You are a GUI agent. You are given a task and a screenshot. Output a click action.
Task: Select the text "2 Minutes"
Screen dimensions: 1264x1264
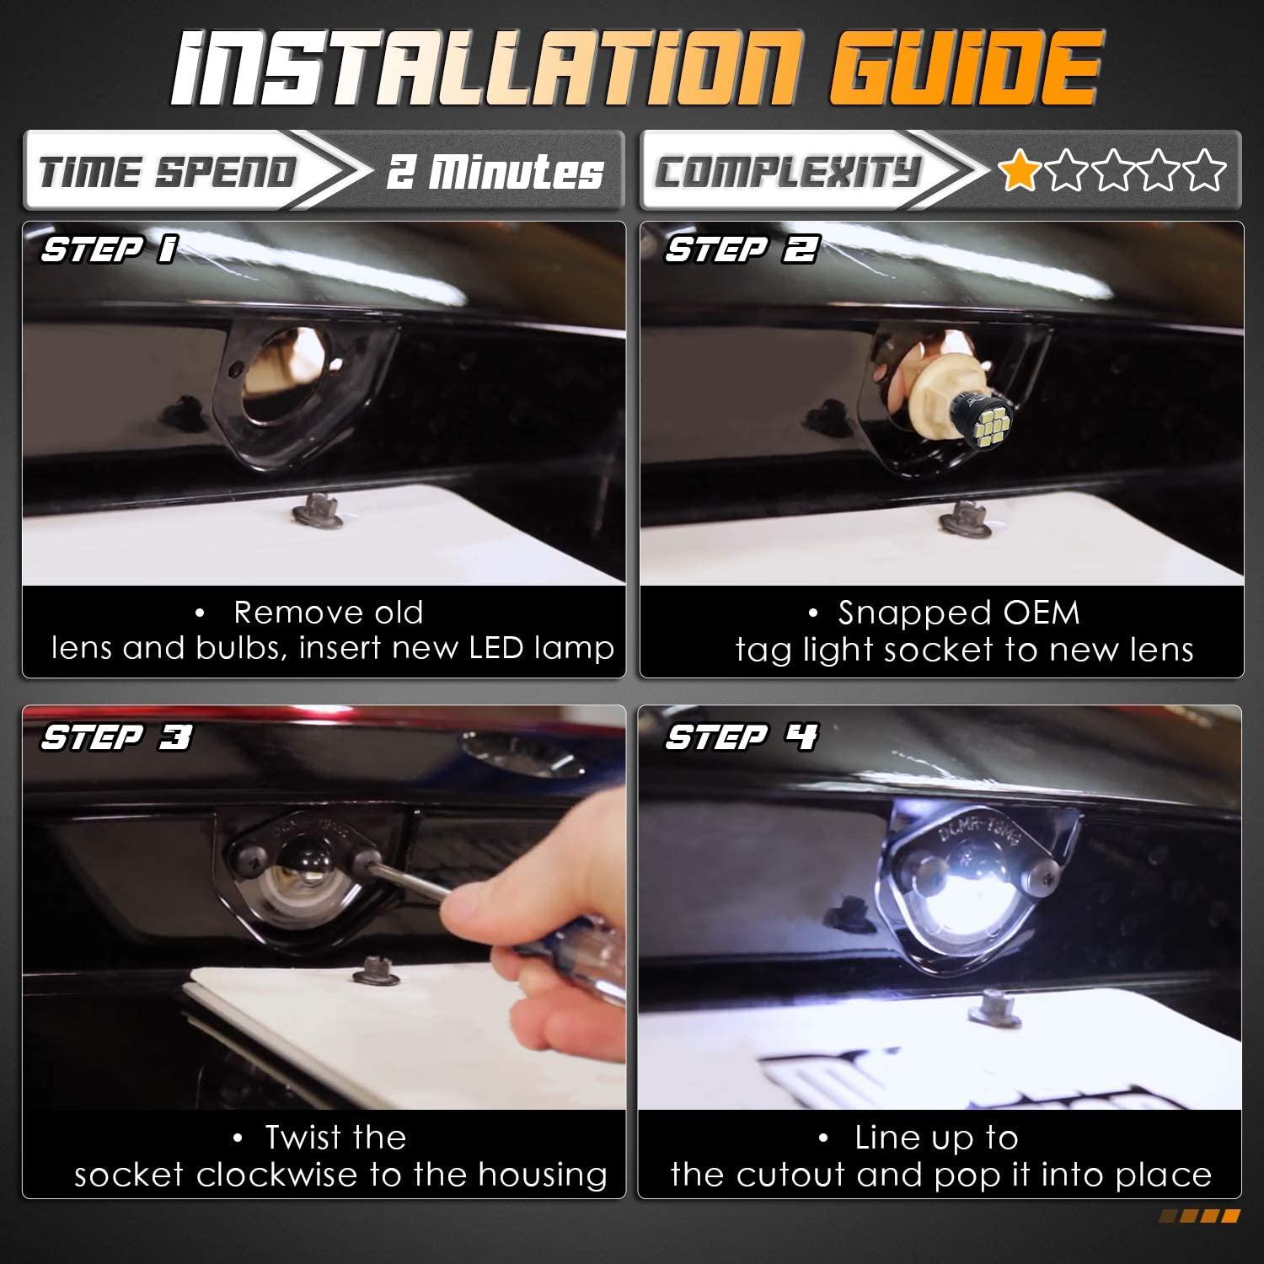495,171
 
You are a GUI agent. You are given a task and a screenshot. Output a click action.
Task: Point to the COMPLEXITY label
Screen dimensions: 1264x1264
787,172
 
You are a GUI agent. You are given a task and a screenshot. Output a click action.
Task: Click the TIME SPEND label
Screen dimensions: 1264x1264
168,172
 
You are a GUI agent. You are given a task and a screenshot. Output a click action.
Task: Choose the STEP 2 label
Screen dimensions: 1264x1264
741,249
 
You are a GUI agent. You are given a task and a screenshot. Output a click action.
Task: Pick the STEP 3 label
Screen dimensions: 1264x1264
116,737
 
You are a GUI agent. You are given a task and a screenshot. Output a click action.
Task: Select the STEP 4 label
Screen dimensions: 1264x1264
741,737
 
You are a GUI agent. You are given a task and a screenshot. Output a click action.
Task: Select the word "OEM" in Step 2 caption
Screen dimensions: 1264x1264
1042,613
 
